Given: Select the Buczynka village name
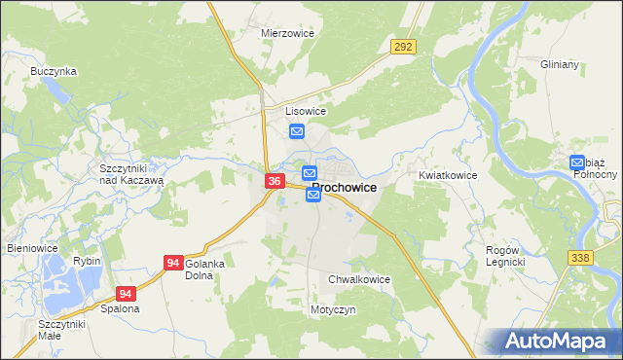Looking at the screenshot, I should coord(54,71).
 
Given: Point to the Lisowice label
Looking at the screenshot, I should coord(305,111).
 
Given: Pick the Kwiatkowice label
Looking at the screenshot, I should coord(448,175).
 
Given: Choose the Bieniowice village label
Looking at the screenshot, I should coord(33,248).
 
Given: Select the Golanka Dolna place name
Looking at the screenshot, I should coord(205,270).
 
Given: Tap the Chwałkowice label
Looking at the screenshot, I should coord(359,279).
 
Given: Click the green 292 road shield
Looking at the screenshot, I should coord(403,46).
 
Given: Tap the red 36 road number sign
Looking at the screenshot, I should coord(275,181).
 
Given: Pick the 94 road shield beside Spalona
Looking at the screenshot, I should coord(126,293).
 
